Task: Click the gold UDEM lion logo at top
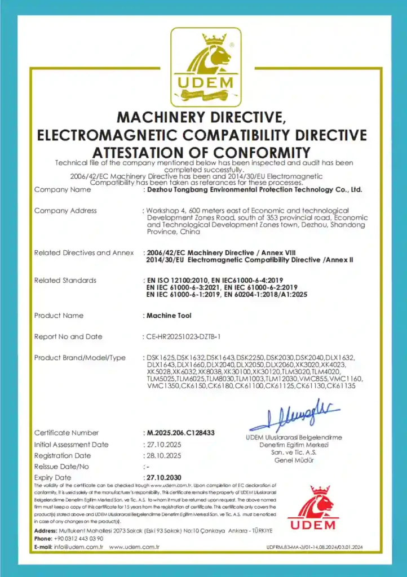point(206,66)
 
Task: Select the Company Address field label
point(65,211)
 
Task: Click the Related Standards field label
point(65,280)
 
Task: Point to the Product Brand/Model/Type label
point(79,358)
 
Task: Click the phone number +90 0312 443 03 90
point(80,539)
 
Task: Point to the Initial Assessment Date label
point(71,444)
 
